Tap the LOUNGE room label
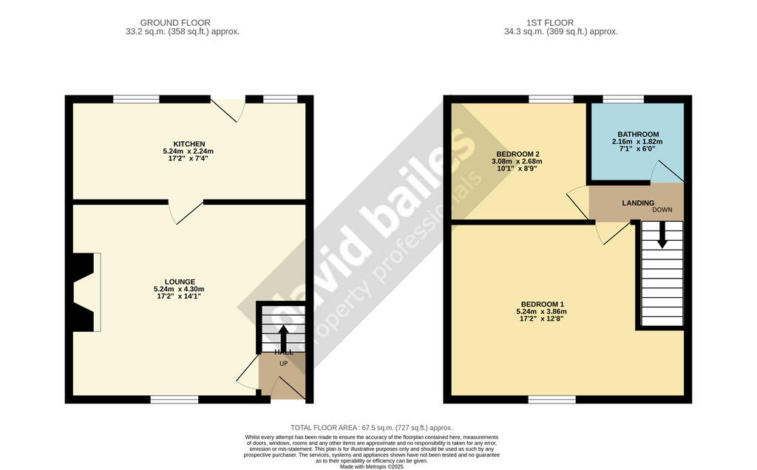click(180, 282)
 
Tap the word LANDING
click(638, 202)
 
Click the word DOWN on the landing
click(662, 210)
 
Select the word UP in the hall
click(283, 364)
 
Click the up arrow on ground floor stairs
click(283, 338)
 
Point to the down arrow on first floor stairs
click(662, 235)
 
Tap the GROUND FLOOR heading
click(175, 23)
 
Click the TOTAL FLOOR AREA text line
click(371, 428)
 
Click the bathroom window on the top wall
click(622, 99)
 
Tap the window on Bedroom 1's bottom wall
click(552, 399)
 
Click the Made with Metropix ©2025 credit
click(371, 466)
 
